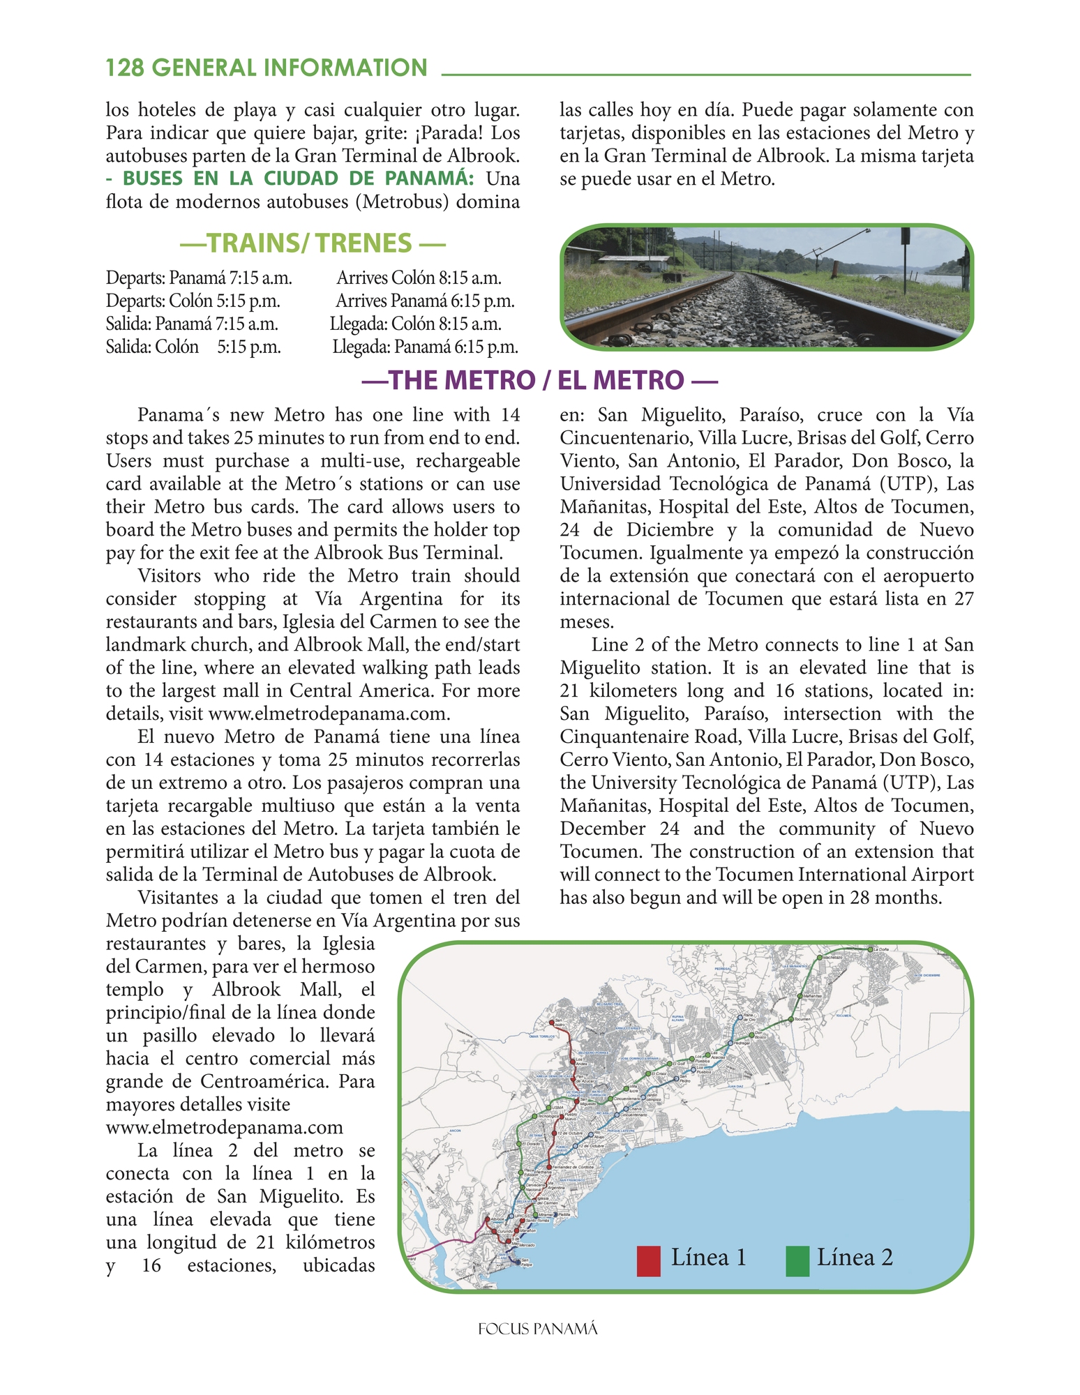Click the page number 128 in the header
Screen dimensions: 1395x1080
(125, 68)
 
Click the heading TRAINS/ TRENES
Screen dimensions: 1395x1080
(312, 243)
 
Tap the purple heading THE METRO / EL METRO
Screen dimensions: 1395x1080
(539, 380)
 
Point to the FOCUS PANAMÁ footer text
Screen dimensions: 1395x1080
(538, 1329)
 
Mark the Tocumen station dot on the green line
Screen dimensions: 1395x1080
(790, 1020)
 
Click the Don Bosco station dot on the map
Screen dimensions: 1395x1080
(752, 1036)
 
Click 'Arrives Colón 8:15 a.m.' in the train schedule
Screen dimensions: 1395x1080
(419, 278)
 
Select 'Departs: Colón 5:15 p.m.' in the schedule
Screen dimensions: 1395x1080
(193, 301)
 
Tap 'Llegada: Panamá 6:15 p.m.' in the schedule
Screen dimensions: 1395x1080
(425, 347)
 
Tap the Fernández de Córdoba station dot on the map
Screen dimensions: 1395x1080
(549, 1166)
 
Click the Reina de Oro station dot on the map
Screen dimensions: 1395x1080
(740, 1018)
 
